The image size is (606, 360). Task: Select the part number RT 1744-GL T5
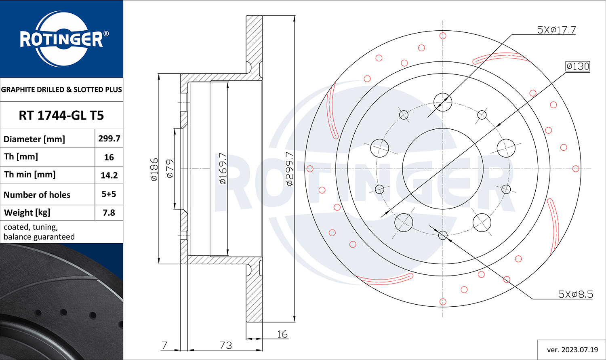[61, 116]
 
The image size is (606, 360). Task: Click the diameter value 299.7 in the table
[109, 139]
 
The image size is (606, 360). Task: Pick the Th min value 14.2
[109, 175]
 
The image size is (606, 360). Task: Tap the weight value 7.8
[109, 213]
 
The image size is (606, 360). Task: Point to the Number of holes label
[37, 195]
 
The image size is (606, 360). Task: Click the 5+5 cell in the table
[109, 194]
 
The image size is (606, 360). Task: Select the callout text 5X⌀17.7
[556, 30]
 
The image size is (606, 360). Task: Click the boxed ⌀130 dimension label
[578, 66]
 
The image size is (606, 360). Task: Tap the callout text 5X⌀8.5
[575, 295]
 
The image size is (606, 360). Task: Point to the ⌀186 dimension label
[154, 170]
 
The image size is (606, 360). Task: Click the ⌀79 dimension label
[170, 169]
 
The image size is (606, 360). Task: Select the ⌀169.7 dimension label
[223, 168]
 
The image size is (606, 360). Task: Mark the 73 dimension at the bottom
[225, 345]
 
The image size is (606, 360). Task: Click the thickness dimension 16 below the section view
[282, 334]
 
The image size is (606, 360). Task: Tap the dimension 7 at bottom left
[164, 345]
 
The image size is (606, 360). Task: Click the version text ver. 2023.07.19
[572, 350]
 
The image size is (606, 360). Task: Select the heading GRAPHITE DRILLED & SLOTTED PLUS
[61, 90]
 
